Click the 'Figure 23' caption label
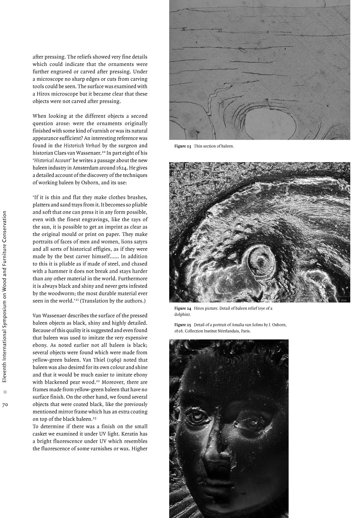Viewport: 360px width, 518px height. click(183, 146)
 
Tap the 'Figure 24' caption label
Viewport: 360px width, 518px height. click(183, 308)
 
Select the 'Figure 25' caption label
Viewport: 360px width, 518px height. click(183, 325)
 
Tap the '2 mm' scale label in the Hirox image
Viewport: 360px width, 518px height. click(344, 300)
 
